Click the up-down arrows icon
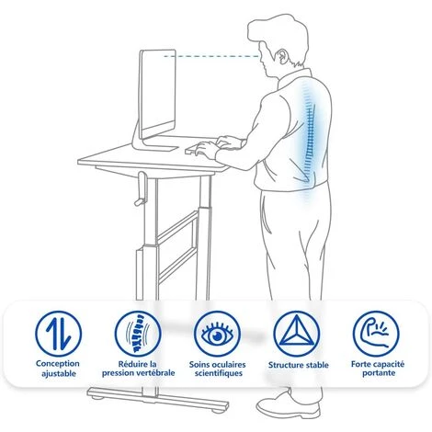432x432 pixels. [x=58, y=334]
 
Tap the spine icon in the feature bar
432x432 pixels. [x=138, y=334]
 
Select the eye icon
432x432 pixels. [x=217, y=334]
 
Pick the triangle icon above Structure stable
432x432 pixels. [x=297, y=334]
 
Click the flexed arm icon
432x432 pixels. [x=376, y=334]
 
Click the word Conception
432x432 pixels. [x=58, y=364]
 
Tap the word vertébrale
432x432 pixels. [x=155, y=373]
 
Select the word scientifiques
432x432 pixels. [x=219, y=373]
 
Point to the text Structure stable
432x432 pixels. [x=299, y=365]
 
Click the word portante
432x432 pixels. [x=379, y=373]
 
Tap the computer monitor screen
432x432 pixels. [x=158, y=94]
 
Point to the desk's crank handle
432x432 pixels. [x=141, y=188]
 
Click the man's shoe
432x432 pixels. [x=288, y=404]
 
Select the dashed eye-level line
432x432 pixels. [x=211, y=56]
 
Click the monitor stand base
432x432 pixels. [x=155, y=147]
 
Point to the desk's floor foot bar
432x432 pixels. [x=158, y=398]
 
